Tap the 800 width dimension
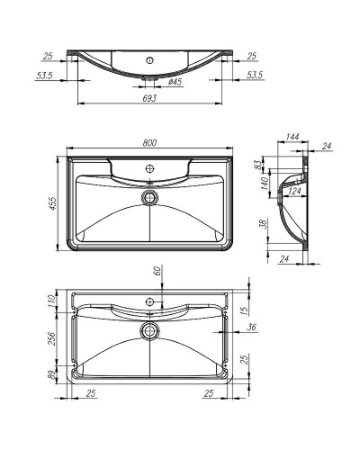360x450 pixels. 149,142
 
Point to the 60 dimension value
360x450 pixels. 157,271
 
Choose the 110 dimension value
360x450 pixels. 53,301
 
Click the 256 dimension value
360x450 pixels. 53,337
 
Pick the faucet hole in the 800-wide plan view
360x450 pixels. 149,168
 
